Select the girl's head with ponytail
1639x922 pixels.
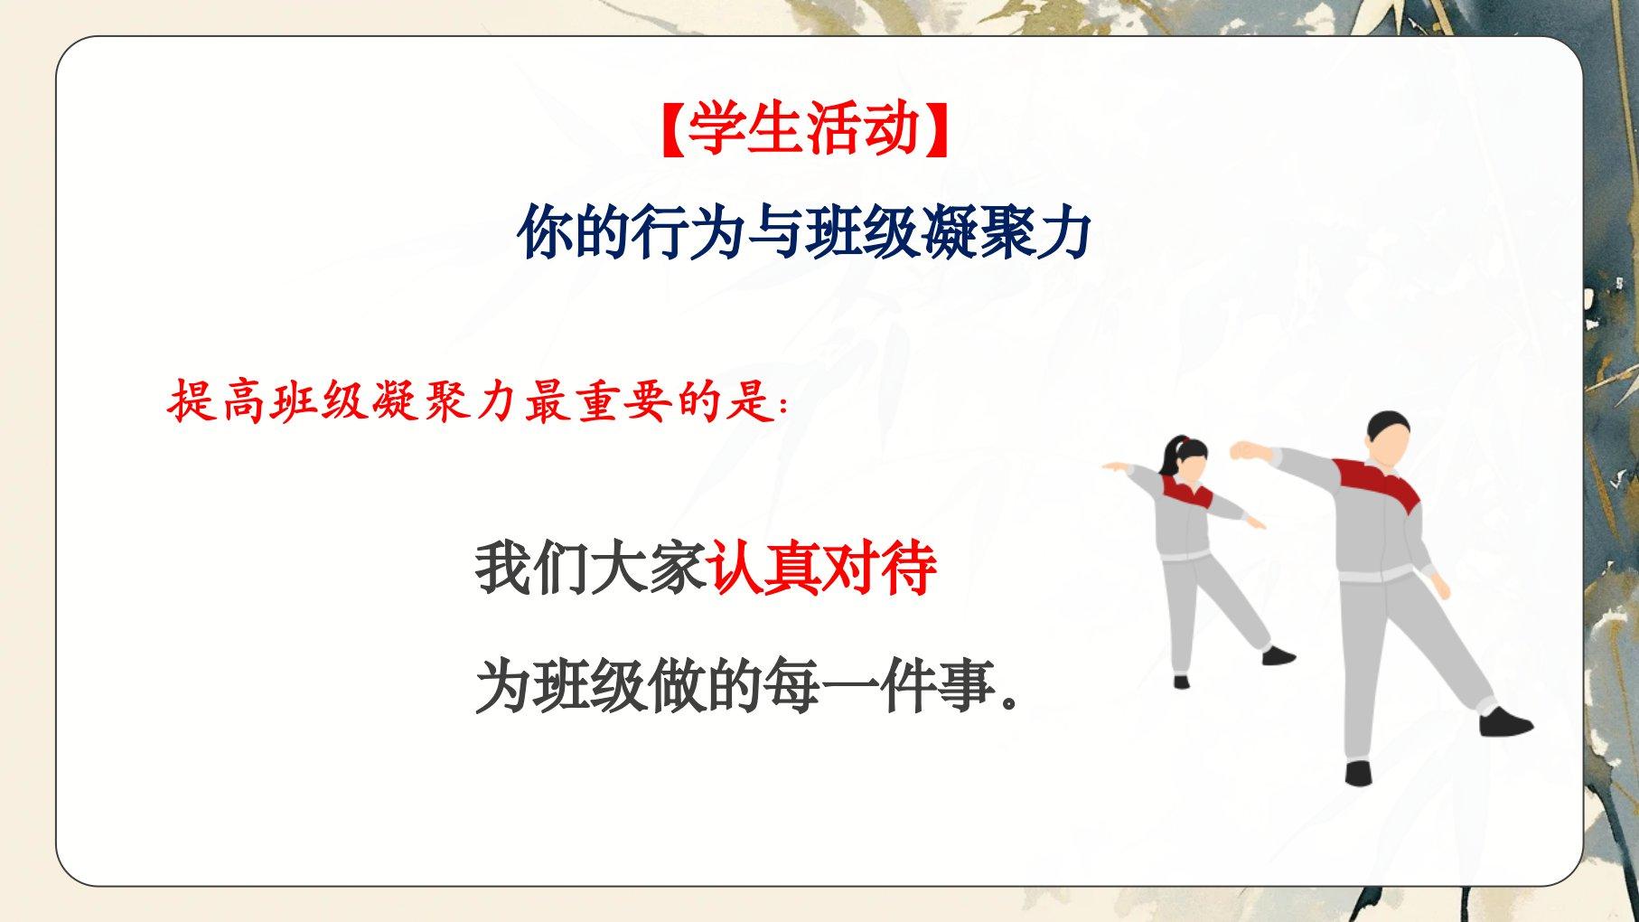click(1187, 459)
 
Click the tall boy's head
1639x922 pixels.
click(1388, 441)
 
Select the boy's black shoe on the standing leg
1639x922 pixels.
click(1358, 773)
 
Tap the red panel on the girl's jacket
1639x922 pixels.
click(1187, 494)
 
